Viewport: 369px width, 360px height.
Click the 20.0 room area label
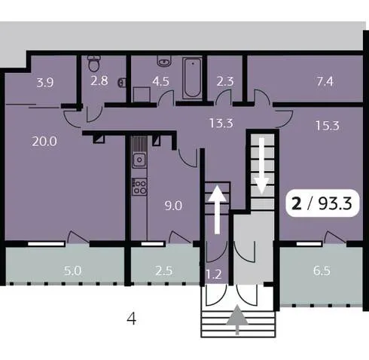(44, 142)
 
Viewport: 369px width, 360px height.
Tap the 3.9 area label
(45, 82)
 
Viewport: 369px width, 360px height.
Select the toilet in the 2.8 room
(94, 63)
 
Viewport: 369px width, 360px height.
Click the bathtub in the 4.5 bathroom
(192, 78)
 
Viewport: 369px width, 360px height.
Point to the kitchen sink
(139, 159)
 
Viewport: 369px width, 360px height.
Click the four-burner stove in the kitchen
(139, 186)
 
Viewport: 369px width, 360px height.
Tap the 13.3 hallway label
(221, 124)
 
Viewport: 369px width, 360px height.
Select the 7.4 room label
(325, 81)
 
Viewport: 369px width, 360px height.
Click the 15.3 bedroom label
(328, 126)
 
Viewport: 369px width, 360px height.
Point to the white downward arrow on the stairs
(262, 166)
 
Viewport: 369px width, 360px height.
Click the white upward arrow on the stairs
(218, 210)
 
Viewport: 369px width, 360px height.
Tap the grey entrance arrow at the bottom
(237, 319)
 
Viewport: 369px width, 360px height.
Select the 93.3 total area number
(335, 203)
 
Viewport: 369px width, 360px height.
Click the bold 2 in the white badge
(297, 203)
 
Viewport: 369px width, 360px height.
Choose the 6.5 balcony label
(322, 271)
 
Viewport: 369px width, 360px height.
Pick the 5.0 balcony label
(72, 271)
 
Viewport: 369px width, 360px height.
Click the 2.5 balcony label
(163, 271)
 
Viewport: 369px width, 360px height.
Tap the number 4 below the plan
(132, 319)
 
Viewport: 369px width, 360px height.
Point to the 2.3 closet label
(225, 81)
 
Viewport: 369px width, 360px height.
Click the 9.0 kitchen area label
(173, 206)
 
